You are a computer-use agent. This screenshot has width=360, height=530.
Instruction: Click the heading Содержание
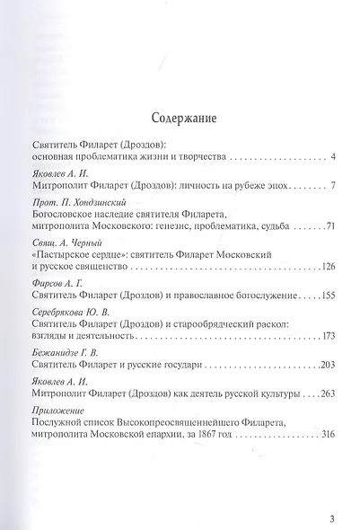(x=180, y=116)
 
